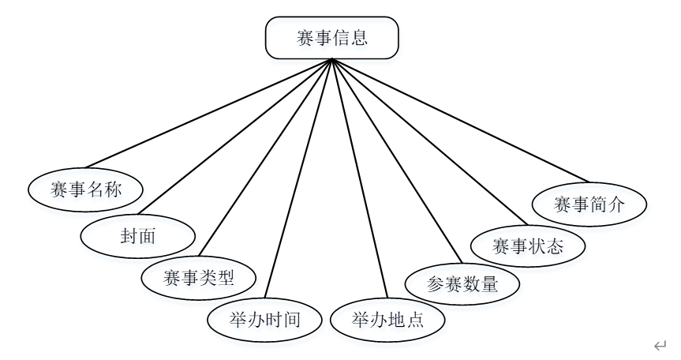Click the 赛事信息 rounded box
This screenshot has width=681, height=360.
(x=331, y=38)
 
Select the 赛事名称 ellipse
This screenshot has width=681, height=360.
(x=86, y=189)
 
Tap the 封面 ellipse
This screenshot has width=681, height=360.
(x=138, y=234)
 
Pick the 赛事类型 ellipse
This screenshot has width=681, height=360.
(x=199, y=277)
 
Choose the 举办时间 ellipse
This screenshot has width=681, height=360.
(x=264, y=320)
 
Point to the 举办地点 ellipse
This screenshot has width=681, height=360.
(x=387, y=320)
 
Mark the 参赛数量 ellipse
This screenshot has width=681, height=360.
(x=462, y=283)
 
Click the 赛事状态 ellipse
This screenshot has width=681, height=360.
(x=528, y=245)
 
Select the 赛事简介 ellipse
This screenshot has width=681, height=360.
(x=589, y=204)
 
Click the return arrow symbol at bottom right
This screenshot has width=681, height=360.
(x=660, y=346)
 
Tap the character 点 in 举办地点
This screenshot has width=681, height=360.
(x=414, y=320)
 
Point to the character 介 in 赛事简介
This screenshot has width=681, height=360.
(x=616, y=204)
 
